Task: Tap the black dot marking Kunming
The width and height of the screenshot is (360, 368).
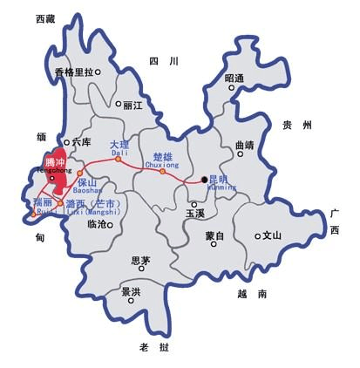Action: click(205, 180)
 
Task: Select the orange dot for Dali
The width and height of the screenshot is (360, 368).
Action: click(119, 159)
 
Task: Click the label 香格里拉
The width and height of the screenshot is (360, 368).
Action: click(73, 72)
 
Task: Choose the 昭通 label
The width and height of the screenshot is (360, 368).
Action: click(234, 78)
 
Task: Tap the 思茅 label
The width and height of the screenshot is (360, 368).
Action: click(139, 260)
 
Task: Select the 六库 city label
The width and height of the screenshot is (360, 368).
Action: click(81, 141)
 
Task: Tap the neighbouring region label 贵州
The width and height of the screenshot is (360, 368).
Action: click(296, 126)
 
